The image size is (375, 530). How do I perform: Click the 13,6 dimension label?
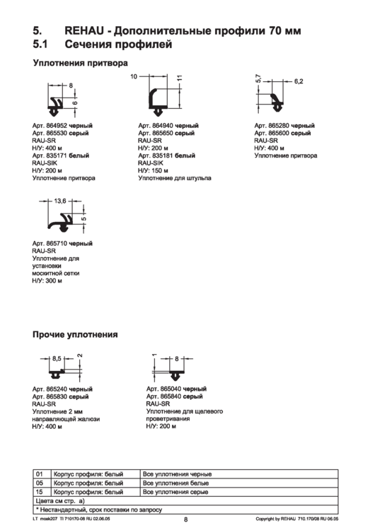[60, 201]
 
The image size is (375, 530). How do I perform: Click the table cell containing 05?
[40, 482]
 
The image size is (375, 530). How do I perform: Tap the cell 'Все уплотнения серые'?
[175, 490]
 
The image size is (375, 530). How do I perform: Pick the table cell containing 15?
[40, 490]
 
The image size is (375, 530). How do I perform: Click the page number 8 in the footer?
[185, 521]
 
